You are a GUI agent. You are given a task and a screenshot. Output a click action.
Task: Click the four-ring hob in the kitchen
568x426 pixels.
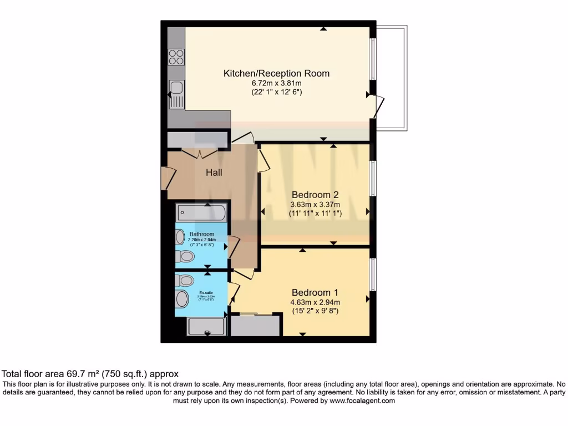[176, 57]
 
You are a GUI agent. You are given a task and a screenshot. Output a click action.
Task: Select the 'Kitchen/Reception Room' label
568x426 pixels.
[276, 73]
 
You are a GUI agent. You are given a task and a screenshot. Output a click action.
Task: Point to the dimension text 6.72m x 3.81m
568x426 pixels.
[276, 83]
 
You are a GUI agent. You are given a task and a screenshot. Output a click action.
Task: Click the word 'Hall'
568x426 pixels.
[214, 173]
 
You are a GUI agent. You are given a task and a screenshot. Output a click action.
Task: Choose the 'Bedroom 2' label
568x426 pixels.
[315, 195]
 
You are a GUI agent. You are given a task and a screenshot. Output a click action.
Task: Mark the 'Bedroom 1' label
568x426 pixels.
[315, 292]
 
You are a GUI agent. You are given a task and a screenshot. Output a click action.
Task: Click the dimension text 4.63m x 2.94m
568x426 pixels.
[315, 302]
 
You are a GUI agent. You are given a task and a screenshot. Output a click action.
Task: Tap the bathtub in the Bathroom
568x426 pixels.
[201, 212]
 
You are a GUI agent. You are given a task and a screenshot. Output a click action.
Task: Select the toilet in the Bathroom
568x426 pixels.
[186, 256]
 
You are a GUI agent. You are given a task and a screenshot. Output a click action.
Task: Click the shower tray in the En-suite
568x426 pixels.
[206, 326]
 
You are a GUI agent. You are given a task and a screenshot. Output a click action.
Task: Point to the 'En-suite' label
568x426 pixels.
[206, 292]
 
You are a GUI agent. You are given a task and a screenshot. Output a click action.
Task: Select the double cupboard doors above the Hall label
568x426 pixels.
[199, 153]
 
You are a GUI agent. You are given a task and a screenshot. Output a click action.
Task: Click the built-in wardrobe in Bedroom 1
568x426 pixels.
[255, 326]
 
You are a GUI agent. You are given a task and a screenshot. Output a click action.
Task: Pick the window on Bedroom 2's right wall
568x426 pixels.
[373, 179]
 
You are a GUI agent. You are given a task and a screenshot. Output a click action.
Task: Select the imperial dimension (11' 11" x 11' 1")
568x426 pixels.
[315, 213]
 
